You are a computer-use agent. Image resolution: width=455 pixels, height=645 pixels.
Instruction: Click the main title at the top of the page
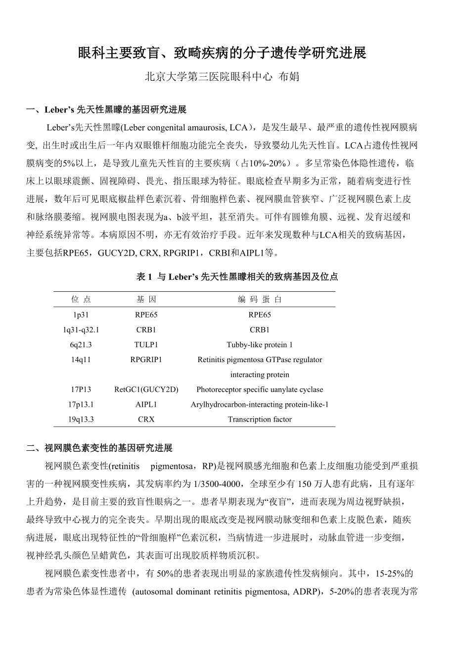(x=223, y=54)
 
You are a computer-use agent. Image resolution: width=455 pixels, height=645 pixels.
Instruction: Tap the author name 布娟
(x=289, y=77)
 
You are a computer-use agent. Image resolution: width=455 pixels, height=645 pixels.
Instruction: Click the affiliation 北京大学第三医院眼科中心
(x=208, y=77)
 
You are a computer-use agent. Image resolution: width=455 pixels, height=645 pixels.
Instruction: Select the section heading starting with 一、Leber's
(x=106, y=109)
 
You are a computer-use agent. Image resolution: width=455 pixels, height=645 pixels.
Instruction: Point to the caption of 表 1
(x=237, y=277)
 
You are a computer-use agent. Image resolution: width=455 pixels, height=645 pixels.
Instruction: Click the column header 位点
(x=81, y=299)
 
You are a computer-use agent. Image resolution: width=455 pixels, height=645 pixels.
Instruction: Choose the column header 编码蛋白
(x=260, y=299)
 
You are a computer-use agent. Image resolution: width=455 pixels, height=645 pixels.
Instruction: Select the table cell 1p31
(x=81, y=315)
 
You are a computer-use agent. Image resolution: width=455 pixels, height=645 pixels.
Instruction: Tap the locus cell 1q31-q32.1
(x=81, y=329)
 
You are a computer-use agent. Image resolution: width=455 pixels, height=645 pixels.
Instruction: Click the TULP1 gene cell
(x=146, y=344)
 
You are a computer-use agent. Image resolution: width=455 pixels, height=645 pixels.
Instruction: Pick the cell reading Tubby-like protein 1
(x=260, y=344)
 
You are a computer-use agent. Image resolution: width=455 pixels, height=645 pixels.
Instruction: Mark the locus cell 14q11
(x=81, y=360)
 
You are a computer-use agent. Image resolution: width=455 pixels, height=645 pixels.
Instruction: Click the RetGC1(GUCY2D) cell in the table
(x=146, y=389)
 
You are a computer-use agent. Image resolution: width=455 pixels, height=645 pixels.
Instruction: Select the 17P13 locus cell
(x=81, y=389)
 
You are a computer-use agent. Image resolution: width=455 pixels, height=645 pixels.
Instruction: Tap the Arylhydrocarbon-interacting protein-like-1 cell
(x=260, y=404)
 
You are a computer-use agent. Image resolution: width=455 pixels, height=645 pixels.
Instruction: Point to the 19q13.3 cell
(x=81, y=419)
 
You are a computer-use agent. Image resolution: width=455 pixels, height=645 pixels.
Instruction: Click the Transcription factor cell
(x=260, y=419)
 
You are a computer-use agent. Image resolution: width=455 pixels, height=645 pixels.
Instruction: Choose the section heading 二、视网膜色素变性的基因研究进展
(x=99, y=448)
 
